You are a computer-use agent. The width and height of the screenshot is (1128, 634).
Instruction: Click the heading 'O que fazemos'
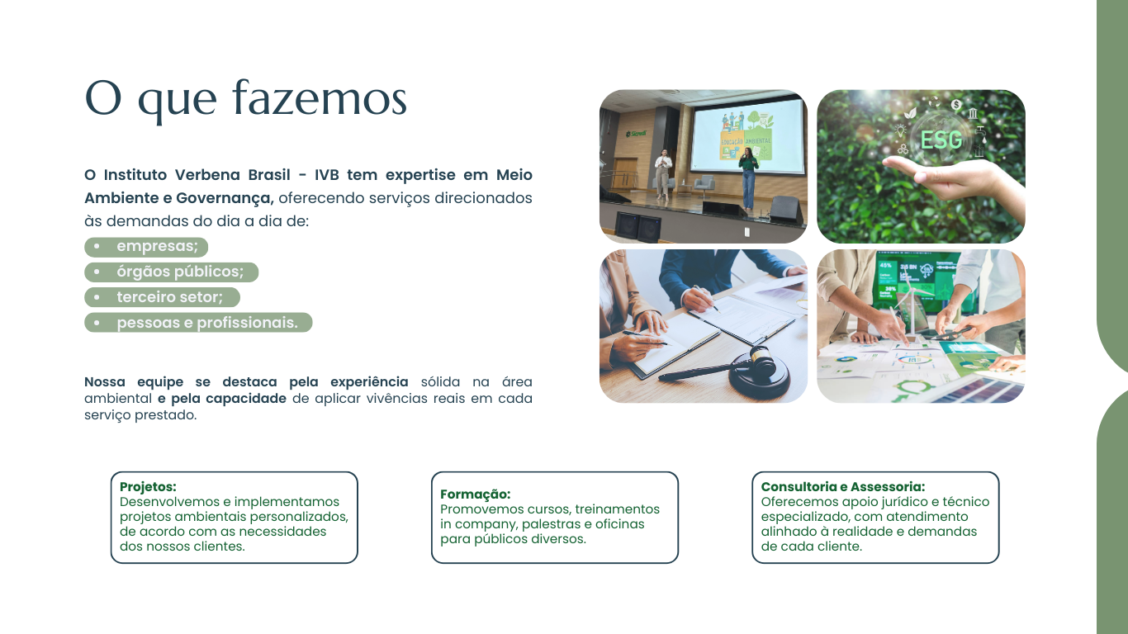coord(246,99)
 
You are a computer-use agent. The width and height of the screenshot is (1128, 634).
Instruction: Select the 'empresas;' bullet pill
coord(146,247)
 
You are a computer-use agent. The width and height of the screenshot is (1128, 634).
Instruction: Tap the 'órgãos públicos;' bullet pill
coord(171,272)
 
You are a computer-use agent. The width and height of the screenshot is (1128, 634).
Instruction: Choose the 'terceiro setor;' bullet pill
coord(162,297)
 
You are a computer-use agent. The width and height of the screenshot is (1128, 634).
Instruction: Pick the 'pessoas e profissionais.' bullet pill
coord(198,322)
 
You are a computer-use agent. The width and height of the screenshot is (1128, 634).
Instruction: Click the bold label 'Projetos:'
coord(148,487)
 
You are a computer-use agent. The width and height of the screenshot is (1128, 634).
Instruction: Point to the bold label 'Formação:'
coord(476,494)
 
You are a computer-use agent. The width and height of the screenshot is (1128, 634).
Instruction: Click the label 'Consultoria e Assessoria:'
coord(843,487)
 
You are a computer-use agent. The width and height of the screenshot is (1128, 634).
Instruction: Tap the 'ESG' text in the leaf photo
coord(941,140)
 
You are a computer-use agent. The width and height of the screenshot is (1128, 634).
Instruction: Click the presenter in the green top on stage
coord(749,179)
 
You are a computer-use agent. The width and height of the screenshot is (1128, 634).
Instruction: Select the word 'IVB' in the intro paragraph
coord(327,175)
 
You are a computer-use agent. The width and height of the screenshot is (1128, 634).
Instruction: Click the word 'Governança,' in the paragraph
coord(225,198)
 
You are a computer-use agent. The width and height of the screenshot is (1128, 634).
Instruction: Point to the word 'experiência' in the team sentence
coord(369,381)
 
